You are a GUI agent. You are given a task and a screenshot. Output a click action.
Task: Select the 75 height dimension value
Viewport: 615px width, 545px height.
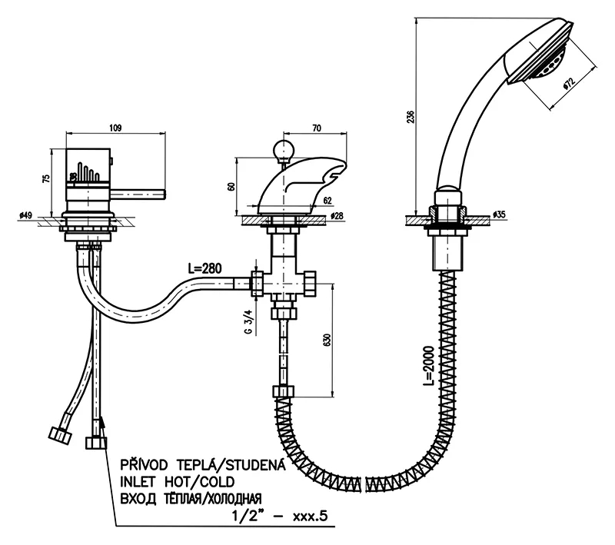pos(47,178)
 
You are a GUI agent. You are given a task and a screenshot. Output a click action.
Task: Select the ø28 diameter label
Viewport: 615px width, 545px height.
pos(337,217)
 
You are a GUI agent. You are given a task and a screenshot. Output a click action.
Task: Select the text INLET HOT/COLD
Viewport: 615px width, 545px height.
pos(175,482)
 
